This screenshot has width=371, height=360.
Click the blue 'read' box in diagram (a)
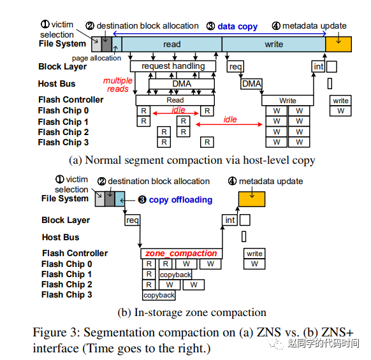click(171, 44)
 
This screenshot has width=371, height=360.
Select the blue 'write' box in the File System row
click(273, 44)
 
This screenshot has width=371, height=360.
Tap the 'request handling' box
click(173, 66)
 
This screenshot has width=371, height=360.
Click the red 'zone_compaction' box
click(182, 253)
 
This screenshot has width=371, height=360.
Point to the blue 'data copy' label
click(237, 27)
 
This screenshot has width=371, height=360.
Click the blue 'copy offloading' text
click(180, 200)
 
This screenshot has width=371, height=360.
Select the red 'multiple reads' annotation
click(118, 85)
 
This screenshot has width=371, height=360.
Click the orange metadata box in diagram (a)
click(338, 44)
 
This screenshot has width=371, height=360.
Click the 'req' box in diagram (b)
click(133, 220)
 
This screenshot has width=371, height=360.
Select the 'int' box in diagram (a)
click(318, 66)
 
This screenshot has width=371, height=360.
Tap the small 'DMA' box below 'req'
click(252, 83)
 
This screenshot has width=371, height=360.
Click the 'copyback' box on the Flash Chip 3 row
click(159, 295)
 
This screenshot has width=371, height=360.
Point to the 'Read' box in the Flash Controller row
click(175, 100)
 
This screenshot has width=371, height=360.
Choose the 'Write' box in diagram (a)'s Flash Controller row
click(287, 101)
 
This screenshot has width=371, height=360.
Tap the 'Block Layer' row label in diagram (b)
click(66, 220)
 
